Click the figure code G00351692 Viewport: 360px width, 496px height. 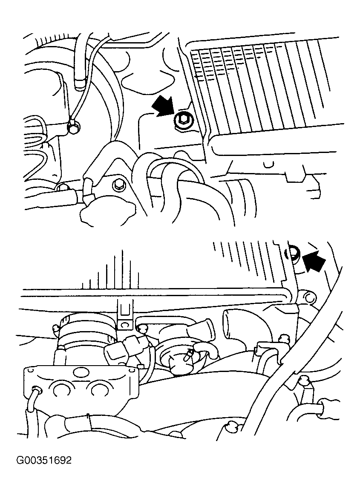tap(44, 460)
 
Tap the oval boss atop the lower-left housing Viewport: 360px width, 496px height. tap(80, 372)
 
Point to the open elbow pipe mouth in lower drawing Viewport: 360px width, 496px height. tap(228, 324)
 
